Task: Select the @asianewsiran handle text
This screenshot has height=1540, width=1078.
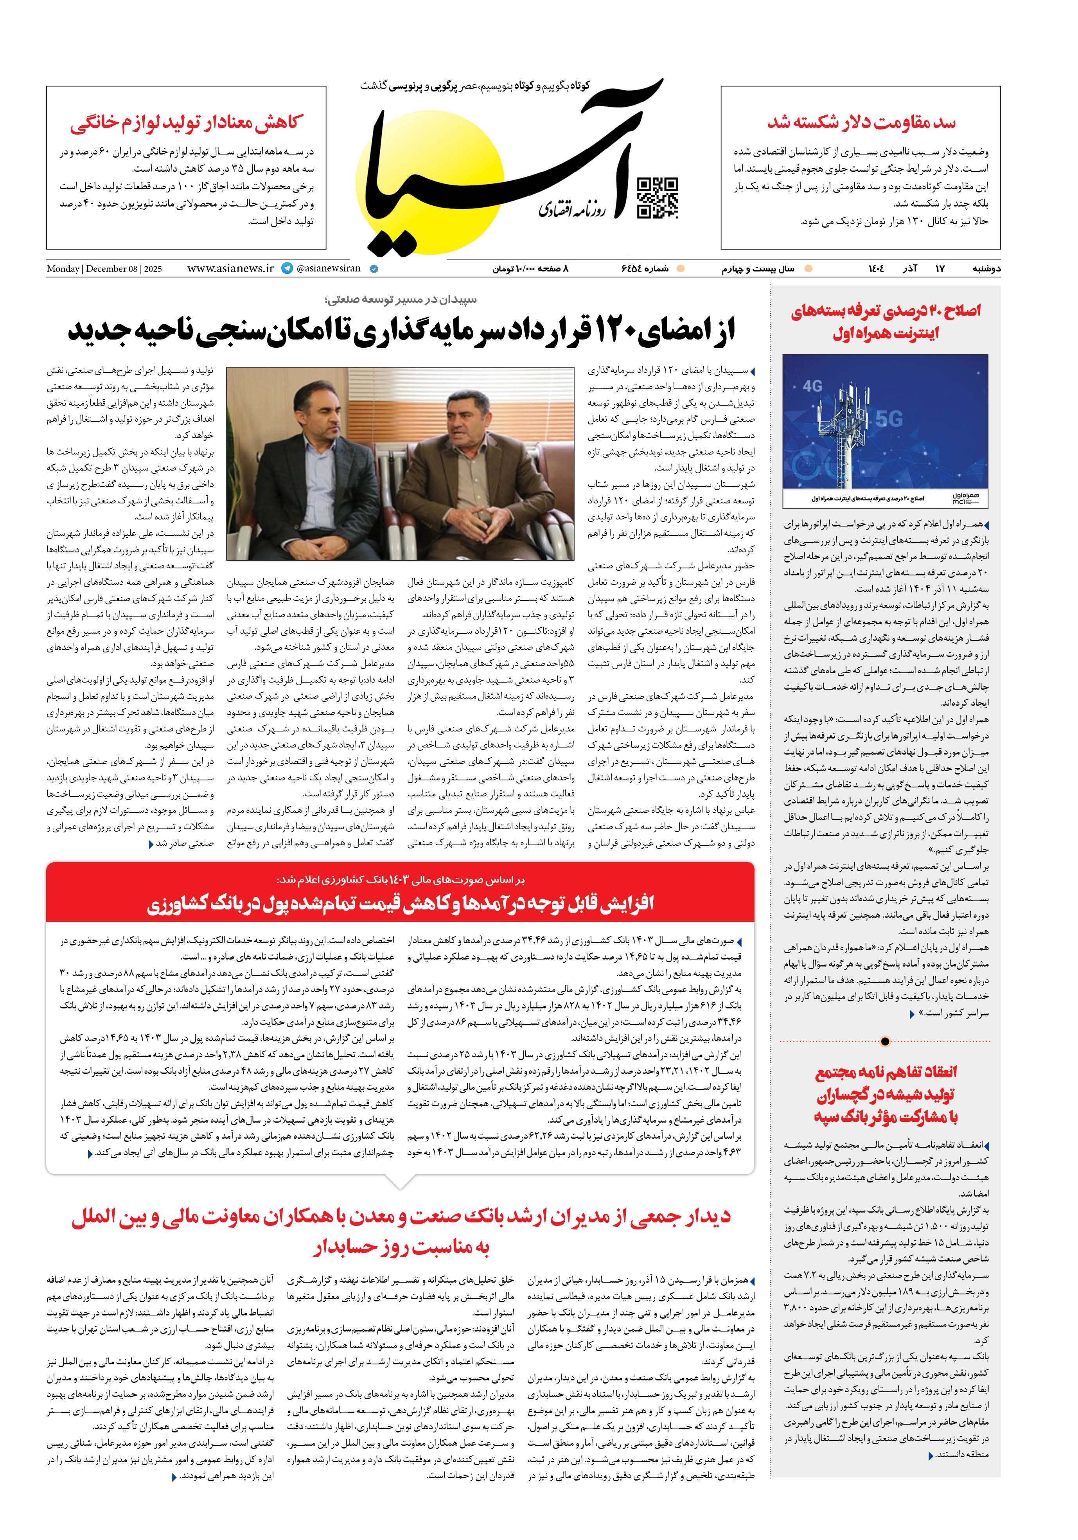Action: coord(328,268)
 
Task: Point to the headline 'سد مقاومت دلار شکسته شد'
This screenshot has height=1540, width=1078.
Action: coord(861,122)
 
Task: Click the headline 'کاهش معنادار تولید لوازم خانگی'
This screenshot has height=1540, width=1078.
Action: coord(187,122)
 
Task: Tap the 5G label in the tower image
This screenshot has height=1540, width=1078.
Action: coord(889,419)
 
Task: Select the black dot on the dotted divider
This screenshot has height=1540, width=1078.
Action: coord(885,1042)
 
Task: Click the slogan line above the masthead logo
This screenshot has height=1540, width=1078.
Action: coord(475,86)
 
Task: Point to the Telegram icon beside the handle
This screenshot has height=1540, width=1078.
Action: coord(287,268)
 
